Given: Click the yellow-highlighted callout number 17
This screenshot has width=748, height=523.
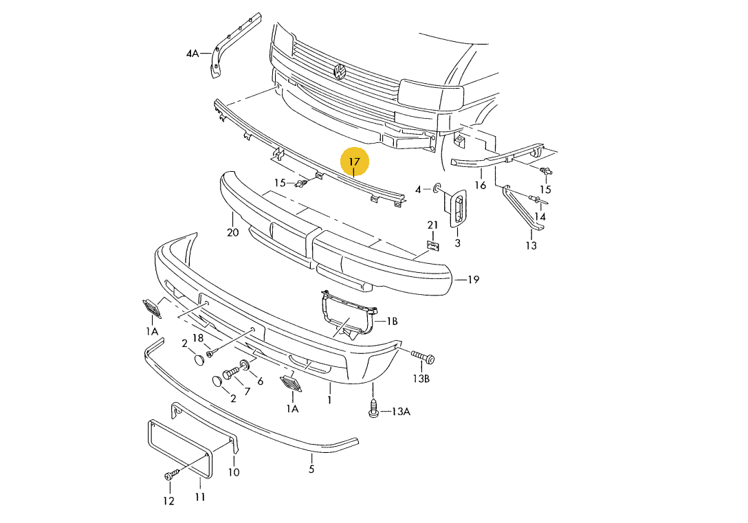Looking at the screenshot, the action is (x=354, y=162).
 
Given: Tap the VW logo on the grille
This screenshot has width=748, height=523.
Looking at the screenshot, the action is (x=339, y=71).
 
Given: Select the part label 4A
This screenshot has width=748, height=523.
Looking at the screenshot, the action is (x=192, y=54).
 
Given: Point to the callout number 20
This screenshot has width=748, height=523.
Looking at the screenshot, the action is (x=233, y=233).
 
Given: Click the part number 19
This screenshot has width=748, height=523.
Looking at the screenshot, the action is (x=473, y=280).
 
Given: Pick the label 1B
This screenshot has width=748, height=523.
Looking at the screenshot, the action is (x=392, y=322).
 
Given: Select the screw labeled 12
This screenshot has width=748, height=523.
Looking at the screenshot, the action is (x=172, y=475).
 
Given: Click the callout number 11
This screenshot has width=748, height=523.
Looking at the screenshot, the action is (x=200, y=497).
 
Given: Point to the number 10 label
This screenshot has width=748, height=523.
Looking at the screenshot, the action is (x=233, y=472).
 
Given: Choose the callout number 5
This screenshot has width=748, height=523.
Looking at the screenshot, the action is (x=311, y=469).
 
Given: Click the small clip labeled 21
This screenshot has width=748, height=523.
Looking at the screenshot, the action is (x=432, y=246).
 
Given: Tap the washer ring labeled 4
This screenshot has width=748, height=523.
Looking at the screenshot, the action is (x=437, y=189).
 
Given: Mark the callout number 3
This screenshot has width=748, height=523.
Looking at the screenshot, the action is (x=457, y=243).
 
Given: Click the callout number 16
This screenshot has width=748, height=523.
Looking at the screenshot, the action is (x=481, y=184).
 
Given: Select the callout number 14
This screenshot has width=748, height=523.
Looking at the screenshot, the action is (x=540, y=216).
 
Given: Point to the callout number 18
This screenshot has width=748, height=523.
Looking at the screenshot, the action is (x=197, y=338).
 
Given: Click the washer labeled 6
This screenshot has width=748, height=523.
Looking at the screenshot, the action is (x=244, y=365).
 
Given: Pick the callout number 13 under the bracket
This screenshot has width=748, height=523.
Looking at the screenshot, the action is (x=531, y=245).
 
